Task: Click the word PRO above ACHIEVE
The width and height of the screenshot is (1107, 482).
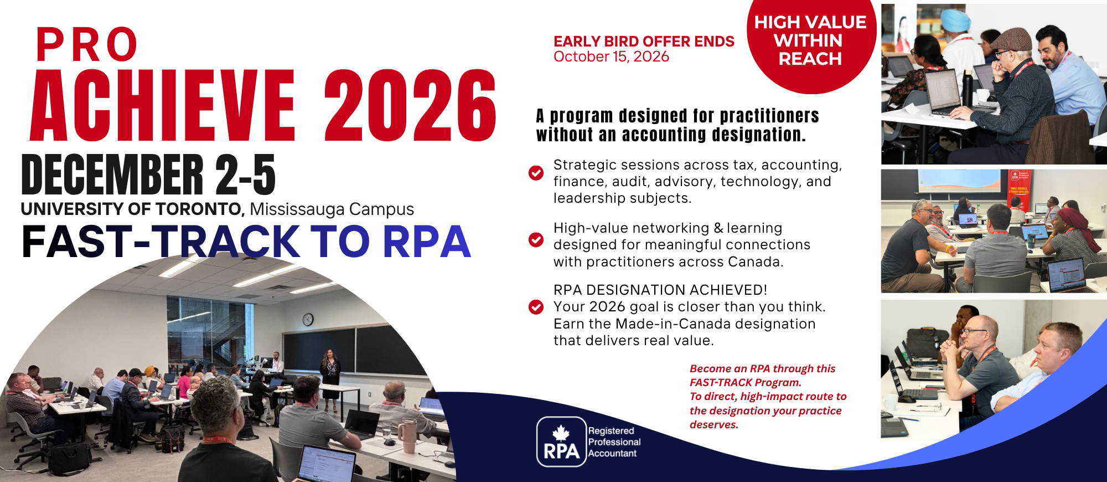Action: (87, 44)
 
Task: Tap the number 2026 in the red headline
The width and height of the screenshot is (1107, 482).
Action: (410, 105)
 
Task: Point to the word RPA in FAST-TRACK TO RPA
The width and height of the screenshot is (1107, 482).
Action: (427, 242)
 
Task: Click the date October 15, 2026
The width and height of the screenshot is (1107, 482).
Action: (611, 57)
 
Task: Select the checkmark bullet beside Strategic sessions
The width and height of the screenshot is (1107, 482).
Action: (536, 173)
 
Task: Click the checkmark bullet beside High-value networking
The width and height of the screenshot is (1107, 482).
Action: (536, 239)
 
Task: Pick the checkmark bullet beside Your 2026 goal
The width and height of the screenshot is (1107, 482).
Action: (536, 307)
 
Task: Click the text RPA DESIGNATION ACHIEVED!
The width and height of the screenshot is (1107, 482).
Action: (660, 290)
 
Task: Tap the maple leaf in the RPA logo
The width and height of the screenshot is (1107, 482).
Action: (561, 433)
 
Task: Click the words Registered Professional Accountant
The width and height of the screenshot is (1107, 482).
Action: (614, 442)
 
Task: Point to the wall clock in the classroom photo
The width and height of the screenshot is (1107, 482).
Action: (308, 319)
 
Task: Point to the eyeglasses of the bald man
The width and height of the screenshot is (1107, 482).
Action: (975, 332)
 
